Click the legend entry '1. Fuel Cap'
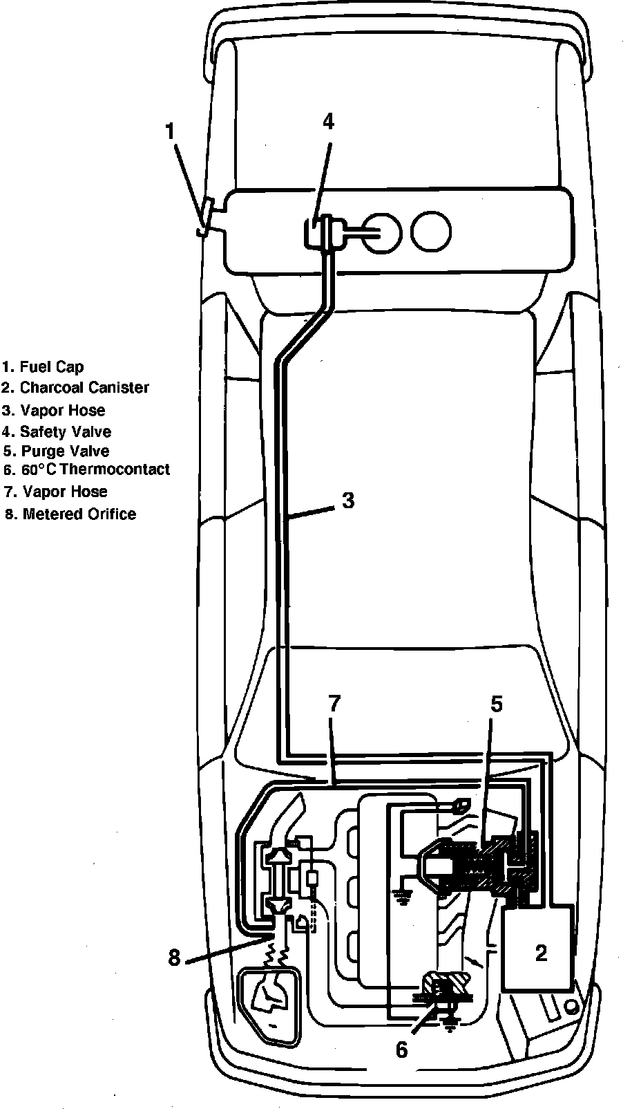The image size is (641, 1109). pyautogui.click(x=43, y=366)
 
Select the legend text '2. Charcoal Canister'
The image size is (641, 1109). pyautogui.click(x=75, y=388)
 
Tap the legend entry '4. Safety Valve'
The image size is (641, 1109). pyautogui.click(x=56, y=432)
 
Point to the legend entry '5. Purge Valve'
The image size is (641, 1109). pyautogui.click(x=55, y=451)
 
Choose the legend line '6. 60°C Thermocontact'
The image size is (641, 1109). pyautogui.click(x=86, y=470)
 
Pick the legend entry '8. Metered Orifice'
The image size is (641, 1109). pyautogui.click(x=69, y=514)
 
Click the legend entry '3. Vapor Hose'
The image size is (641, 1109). pyautogui.click(x=53, y=411)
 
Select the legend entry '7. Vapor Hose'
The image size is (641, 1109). pyautogui.click(x=55, y=492)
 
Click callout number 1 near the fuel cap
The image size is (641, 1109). pyautogui.click(x=171, y=131)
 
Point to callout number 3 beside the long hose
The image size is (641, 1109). pyautogui.click(x=348, y=501)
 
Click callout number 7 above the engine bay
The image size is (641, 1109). pyautogui.click(x=334, y=704)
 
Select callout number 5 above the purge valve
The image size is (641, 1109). pyautogui.click(x=497, y=704)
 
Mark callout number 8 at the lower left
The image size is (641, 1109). pyautogui.click(x=174, y=958)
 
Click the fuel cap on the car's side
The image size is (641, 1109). pyautogui.click(x=205, y=220)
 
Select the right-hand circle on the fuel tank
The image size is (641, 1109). pyautogui.click(x=431, y=231)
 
